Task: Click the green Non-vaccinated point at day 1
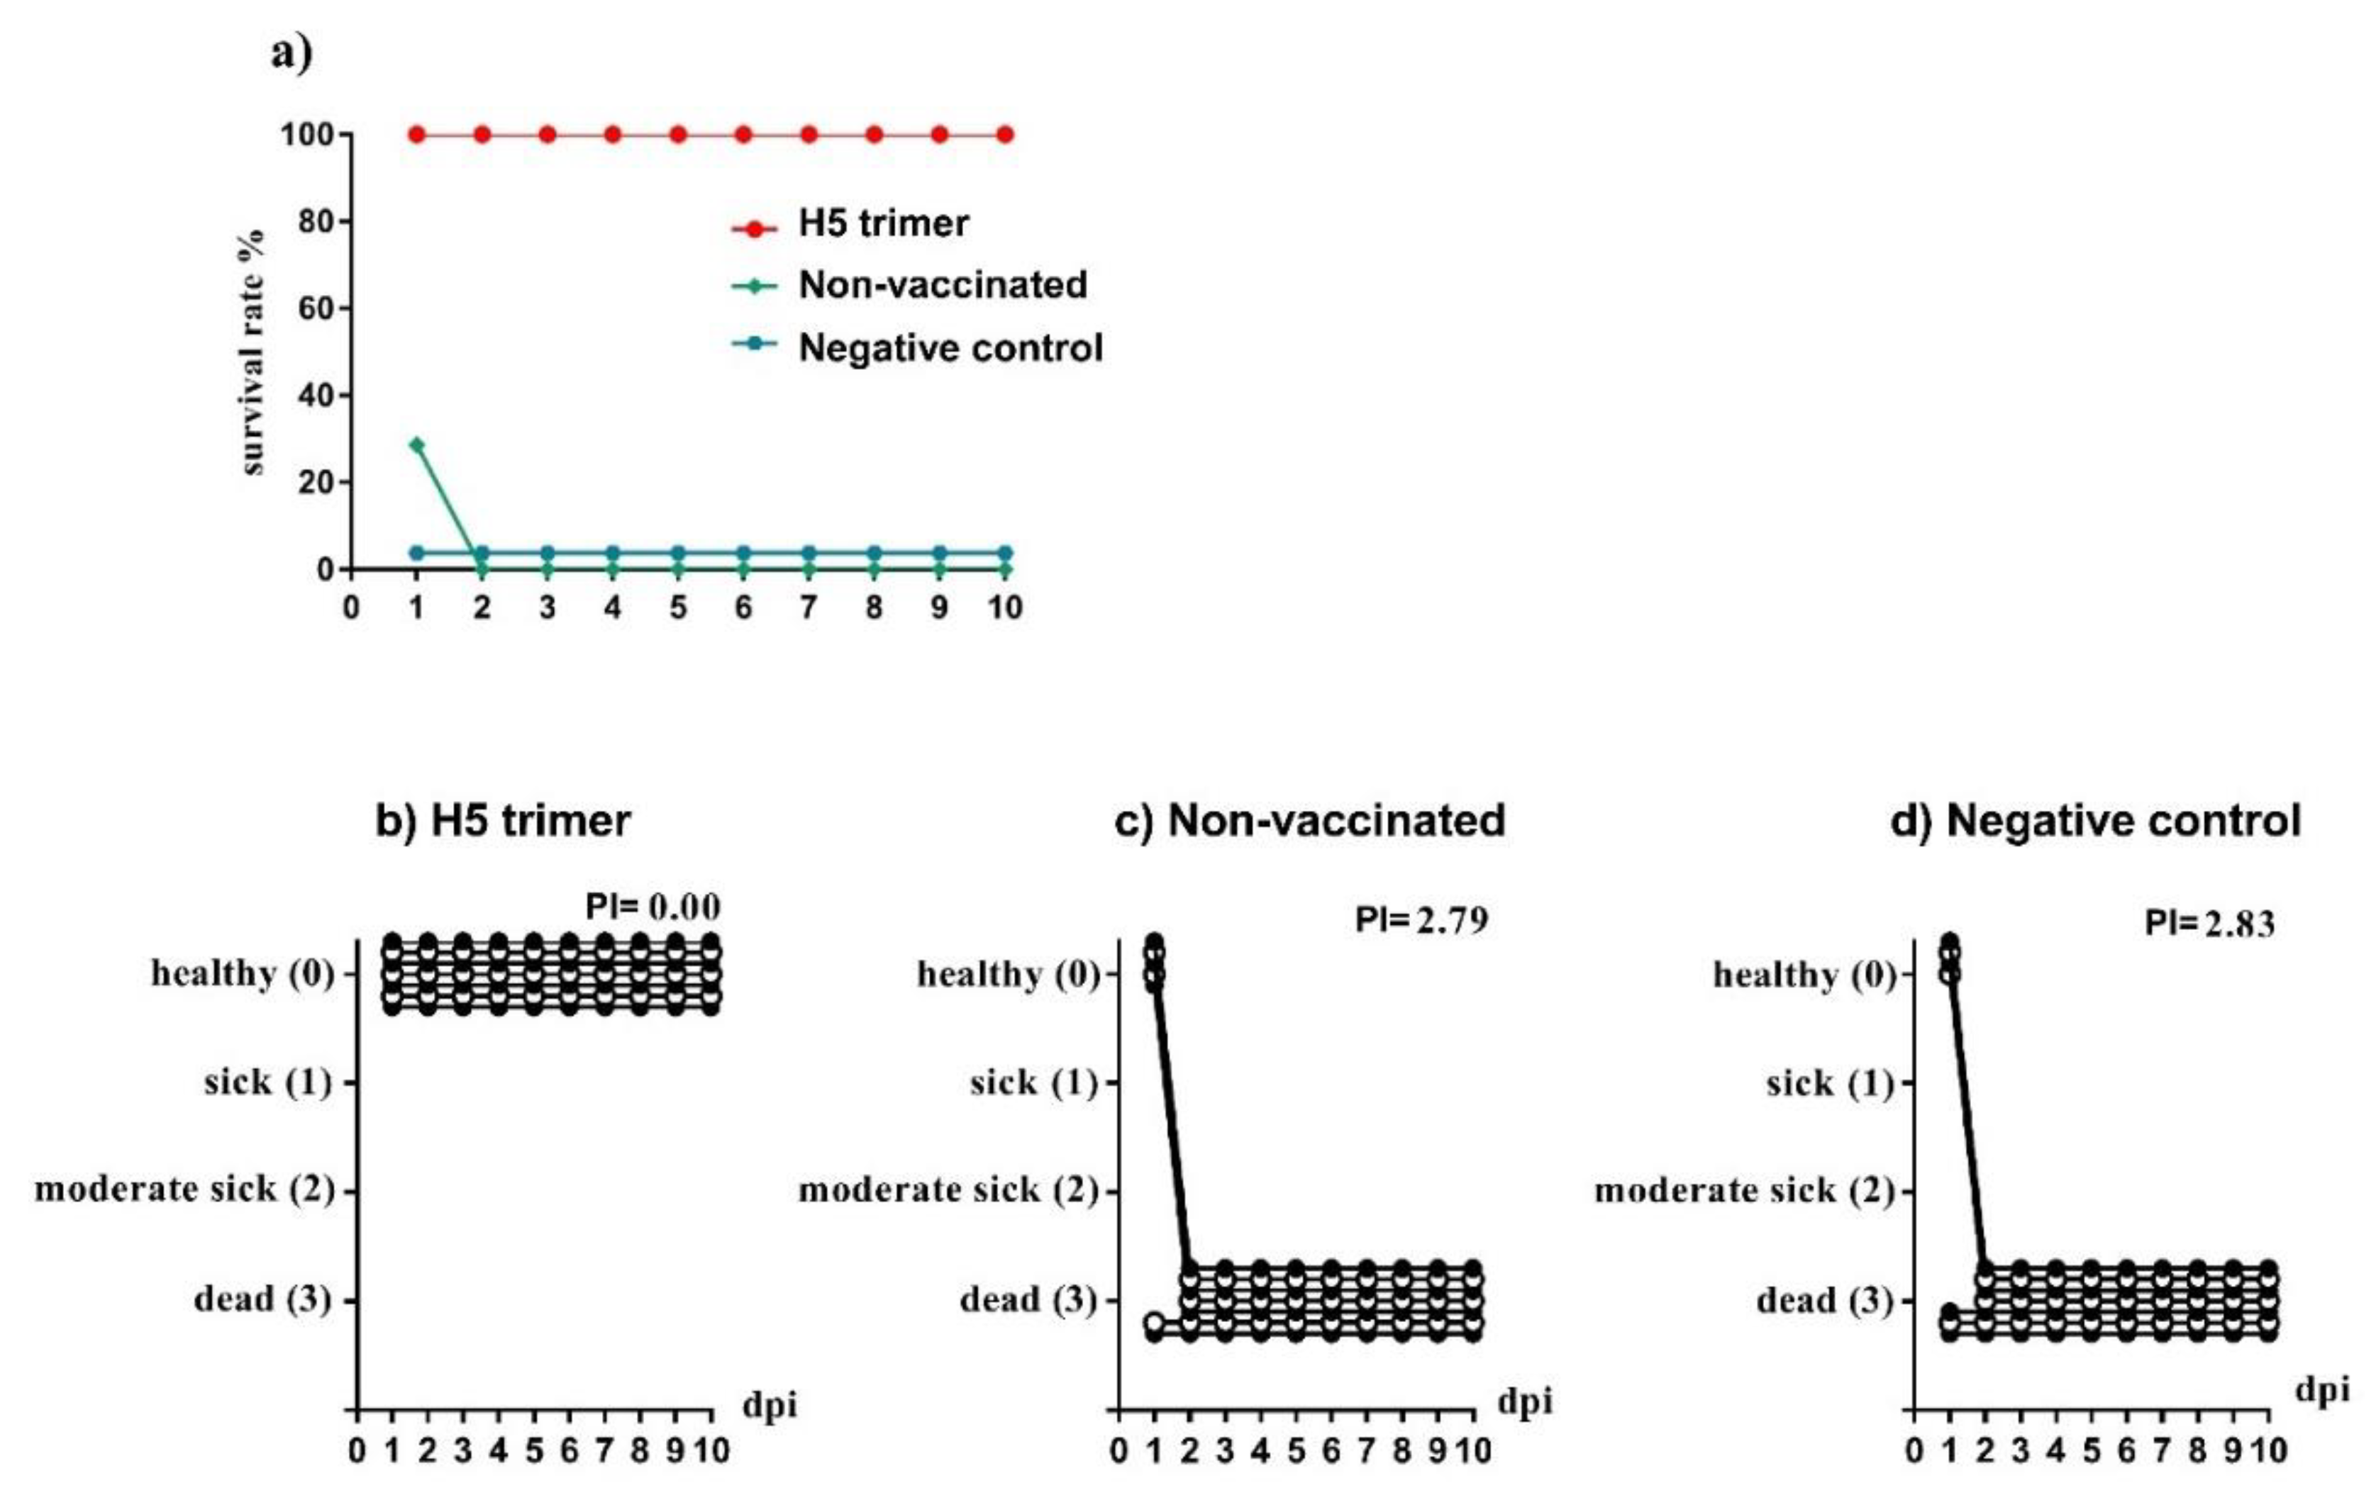416,445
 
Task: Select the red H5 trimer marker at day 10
1004,134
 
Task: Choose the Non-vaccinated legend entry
943,285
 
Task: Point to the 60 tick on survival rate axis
316,309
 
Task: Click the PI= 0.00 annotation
653,905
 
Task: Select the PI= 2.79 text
1421,919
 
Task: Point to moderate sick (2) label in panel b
184,1189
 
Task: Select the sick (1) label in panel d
1829,1083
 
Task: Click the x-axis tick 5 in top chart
678,607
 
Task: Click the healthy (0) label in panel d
1804,975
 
